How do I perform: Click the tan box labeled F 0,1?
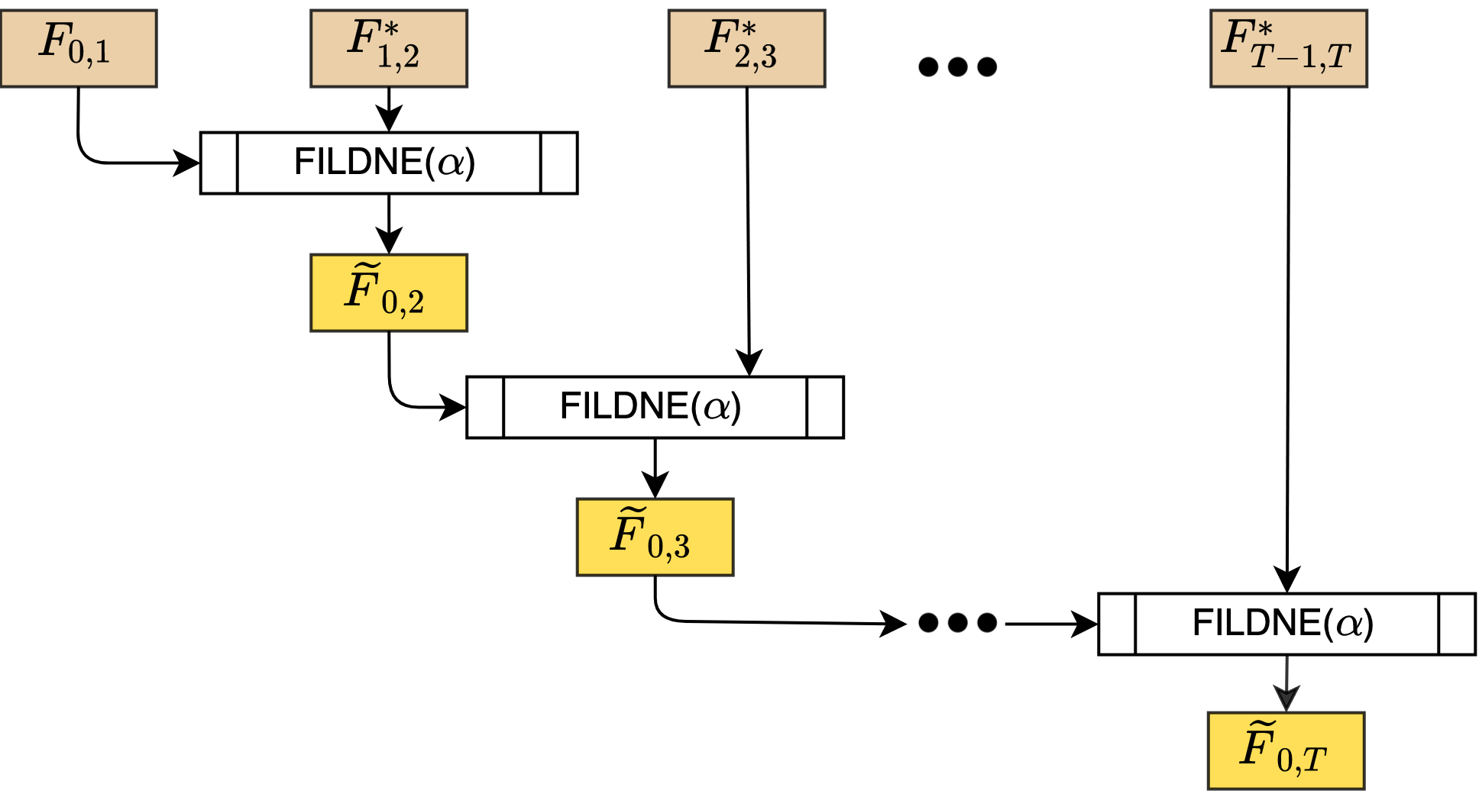coord(78,48)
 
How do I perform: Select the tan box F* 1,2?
coord(388,48)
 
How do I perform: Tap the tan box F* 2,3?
coord(746,48)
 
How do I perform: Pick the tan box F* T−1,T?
coord(1288,48)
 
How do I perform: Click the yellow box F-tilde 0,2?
coord(388,292)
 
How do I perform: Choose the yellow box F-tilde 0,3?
coord(655,537)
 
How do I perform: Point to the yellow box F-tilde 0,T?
coord(1286,750)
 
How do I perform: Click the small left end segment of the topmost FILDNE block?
coord(219,163)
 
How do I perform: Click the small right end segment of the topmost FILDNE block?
coord(558,163)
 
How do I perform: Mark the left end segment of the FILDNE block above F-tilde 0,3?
coord(485,407)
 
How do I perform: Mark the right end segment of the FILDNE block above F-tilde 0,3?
coord(825,407)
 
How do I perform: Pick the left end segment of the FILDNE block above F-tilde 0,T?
coord(1117,624)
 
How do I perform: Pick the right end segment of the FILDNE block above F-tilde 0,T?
coord(1457,624)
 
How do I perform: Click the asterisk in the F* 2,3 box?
coord(748,30)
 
